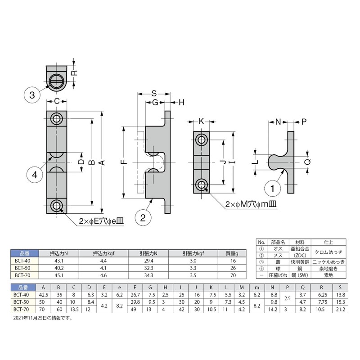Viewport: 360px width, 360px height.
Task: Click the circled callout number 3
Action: click(32, 95)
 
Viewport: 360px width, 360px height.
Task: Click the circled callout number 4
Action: click(35, 175)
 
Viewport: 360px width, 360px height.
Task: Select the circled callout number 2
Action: click(143, 218)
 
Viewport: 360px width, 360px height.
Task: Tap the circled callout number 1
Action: click(273, 189)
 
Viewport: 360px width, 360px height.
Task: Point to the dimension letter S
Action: click(154, 94)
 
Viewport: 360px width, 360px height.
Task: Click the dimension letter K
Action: click(201, 121)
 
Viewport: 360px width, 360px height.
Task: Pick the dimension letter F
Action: click(124, 162)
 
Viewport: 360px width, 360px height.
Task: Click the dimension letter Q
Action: click(307, 162)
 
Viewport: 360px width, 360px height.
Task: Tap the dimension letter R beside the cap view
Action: click(75, 73)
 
